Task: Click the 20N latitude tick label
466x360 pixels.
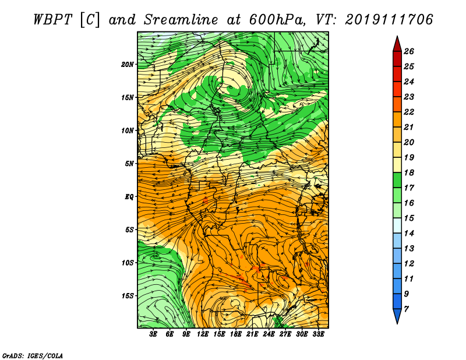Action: [x=127, y=65]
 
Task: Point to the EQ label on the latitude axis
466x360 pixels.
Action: [x=129, y=197]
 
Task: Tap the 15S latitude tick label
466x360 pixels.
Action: [x=127, y=296]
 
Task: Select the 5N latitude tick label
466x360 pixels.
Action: [x=129, y=164]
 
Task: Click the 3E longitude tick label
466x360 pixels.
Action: [x=153, y=334]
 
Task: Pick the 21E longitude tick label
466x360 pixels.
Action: [x=252, y=334]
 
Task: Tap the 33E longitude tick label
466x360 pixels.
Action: [x=318, y=334]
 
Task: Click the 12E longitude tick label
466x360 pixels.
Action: [x=202, y=334]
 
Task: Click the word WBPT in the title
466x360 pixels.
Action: [x=52, y=20]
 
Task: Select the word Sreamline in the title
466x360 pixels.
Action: [x=181, y=20]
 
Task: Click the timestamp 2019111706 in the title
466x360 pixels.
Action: [x=389, y=20]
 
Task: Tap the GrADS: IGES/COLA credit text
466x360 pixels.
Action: [x=33, y=355]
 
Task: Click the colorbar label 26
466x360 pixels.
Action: [x=409, y=51]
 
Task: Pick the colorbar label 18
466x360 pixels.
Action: [x=409, y=172]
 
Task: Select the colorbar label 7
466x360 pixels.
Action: [x=406, y=309]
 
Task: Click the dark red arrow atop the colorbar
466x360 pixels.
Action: [x=397, y=45]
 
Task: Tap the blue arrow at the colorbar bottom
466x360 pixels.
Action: [x=397, y=316]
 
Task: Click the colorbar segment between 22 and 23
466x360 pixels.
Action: [x=397, y=104]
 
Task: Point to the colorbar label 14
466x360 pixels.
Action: [x=409, y=234]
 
